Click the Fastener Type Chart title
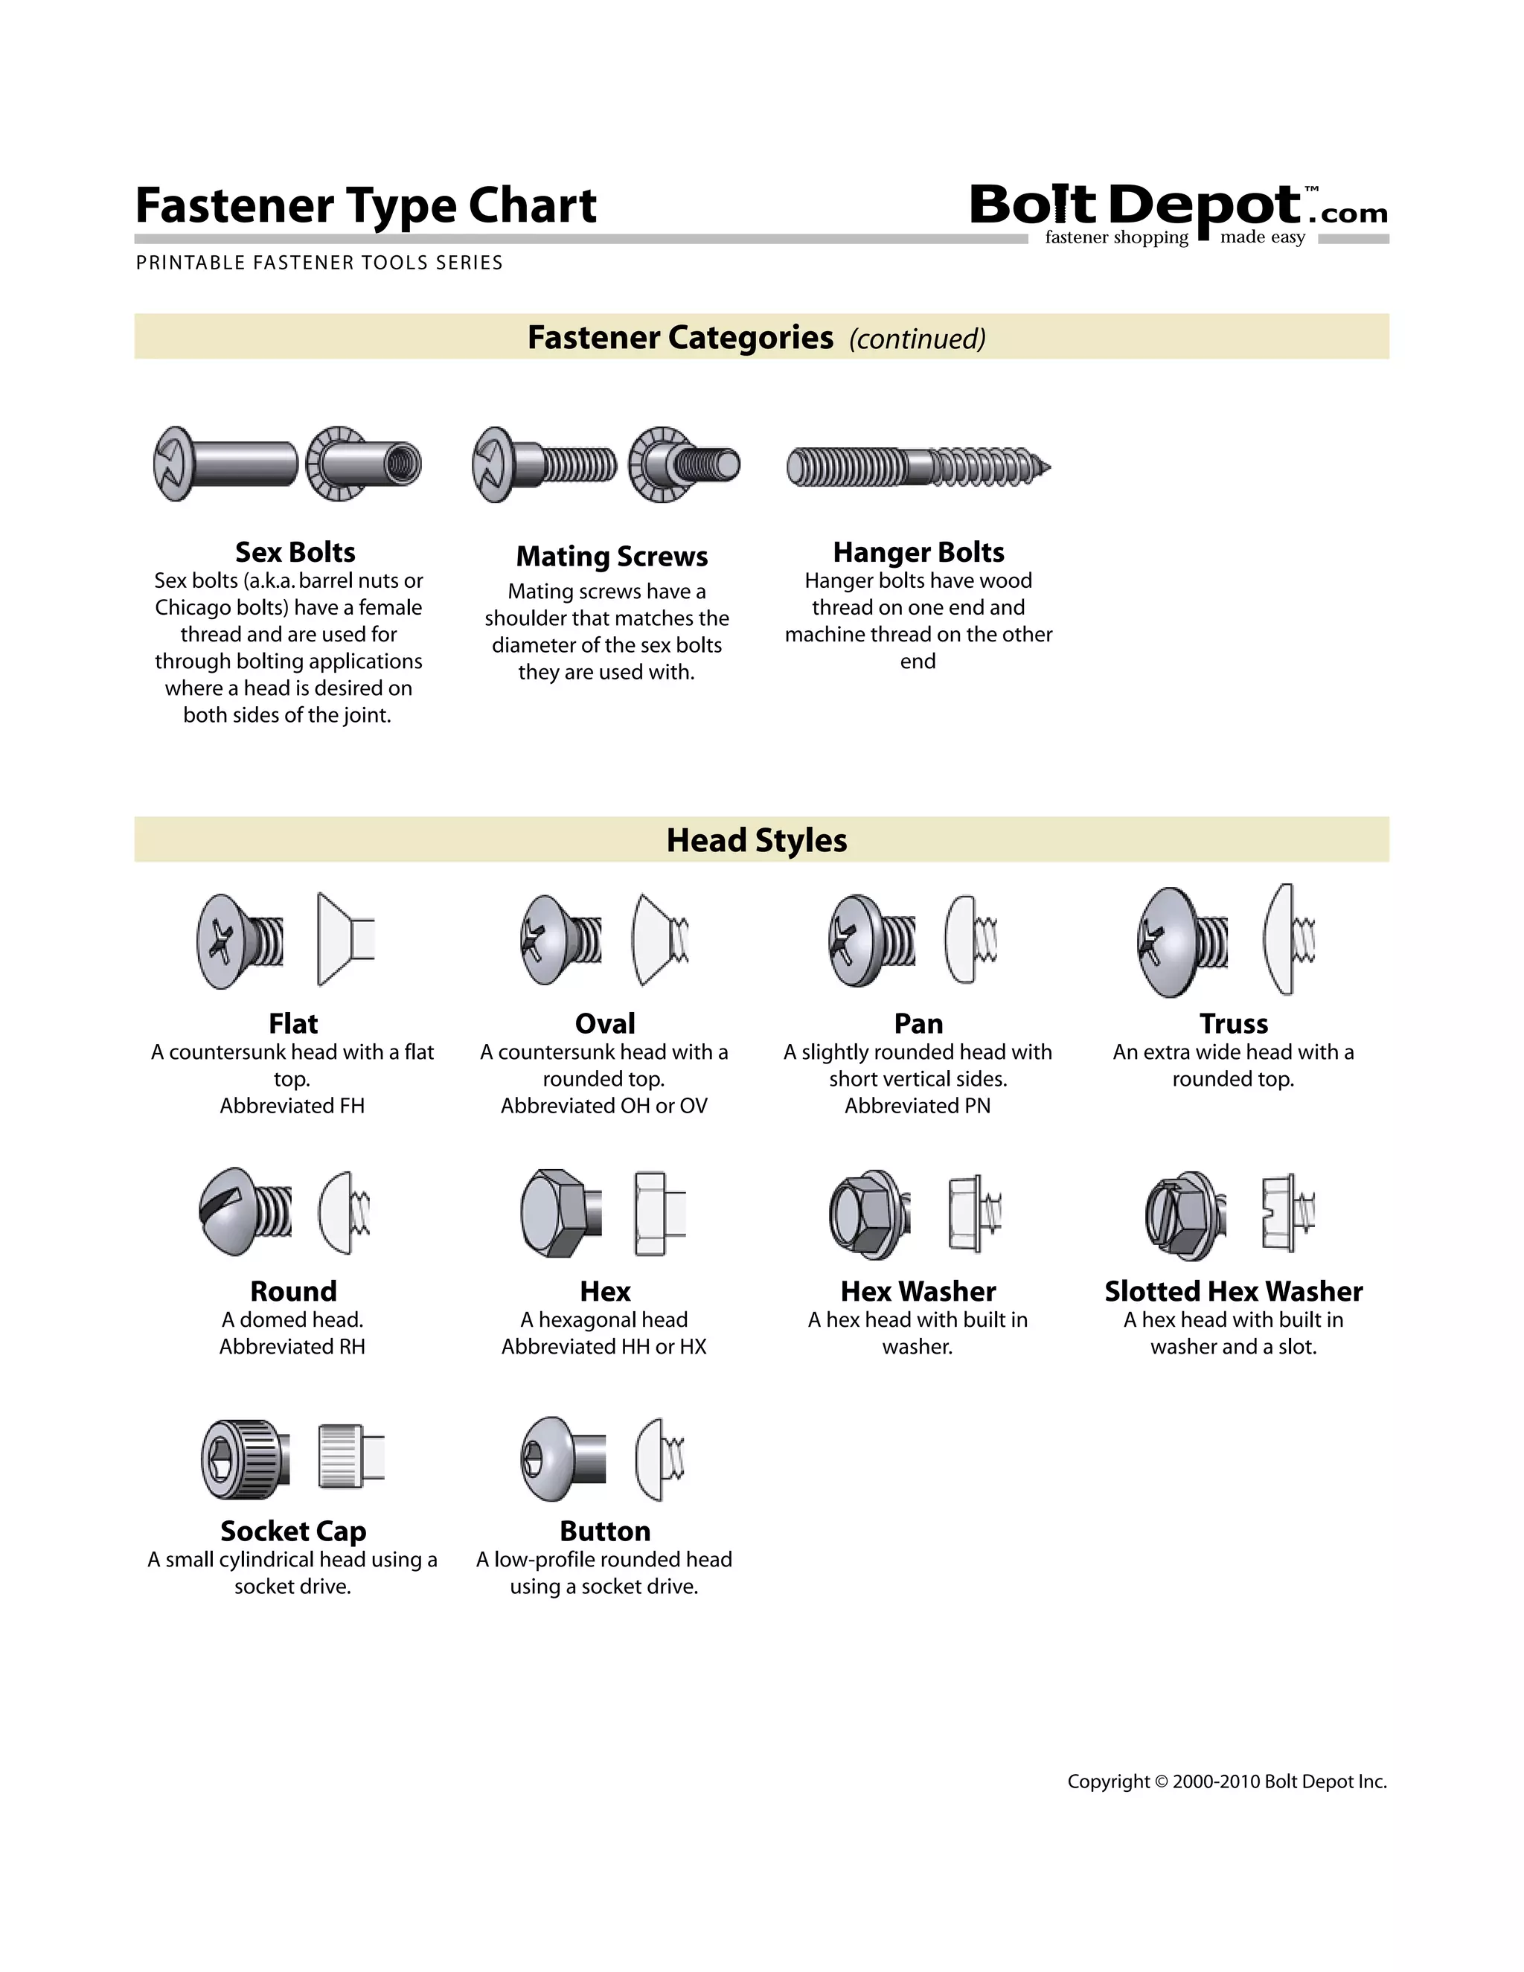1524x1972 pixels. (x=365, y=206)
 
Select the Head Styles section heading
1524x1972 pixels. (x=757, y=839)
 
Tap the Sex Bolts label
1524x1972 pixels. (x=295, y=551)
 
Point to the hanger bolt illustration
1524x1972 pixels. (x=918, y=467)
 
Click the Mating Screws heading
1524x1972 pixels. (x=611, y=556)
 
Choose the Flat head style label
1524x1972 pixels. (x=293, y=1023)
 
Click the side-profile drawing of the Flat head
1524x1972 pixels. (x=344, y=940)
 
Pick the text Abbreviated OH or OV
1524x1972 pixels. (x=604, y=1106)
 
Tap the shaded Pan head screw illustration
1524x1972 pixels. (x=871, y=941)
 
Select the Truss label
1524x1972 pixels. (x=1233, y=1023)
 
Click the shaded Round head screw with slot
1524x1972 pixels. (x=244, y=1211)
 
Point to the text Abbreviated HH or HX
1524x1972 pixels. (x=604, y=1346)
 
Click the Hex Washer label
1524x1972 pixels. (x=918, y=1291)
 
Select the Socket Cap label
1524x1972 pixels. (x=293, y=1531)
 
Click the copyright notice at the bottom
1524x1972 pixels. (x=1227, y=1781)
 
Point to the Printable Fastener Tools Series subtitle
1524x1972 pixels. (x=318, y=263)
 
